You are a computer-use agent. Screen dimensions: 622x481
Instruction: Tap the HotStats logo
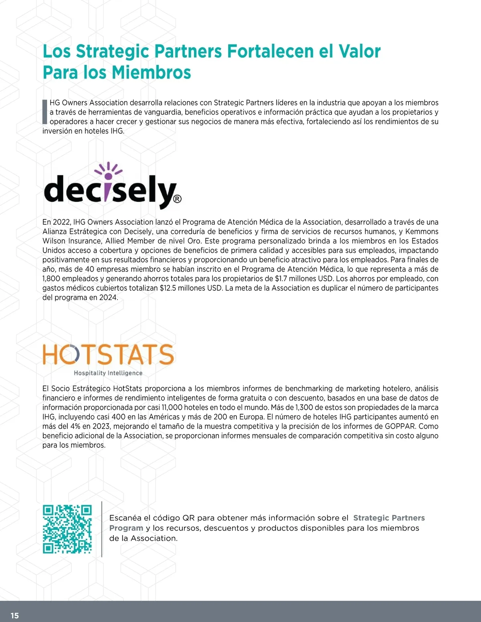click(x=108, y=358)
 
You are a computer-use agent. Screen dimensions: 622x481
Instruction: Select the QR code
click(x=67, y=529)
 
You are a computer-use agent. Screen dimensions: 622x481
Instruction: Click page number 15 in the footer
click(x=15, y=616)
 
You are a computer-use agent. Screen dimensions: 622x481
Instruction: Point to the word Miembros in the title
click(x=151, y=72)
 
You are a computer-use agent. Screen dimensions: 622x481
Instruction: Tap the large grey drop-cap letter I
click(x=44, y=112)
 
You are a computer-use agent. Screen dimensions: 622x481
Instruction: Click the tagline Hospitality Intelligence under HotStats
click(x=108, y=373)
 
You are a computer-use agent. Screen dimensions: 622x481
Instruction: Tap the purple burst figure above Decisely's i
click(x=108, y=170)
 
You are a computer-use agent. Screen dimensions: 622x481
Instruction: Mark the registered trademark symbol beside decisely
click(x=178, y=199)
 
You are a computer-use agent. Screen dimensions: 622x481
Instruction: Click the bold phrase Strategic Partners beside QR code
click(x=389, y=518)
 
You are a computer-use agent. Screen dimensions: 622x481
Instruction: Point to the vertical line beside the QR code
click(x=102, y=529)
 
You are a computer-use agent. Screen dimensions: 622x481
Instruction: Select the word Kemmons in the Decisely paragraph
click(x=422, y=231)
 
